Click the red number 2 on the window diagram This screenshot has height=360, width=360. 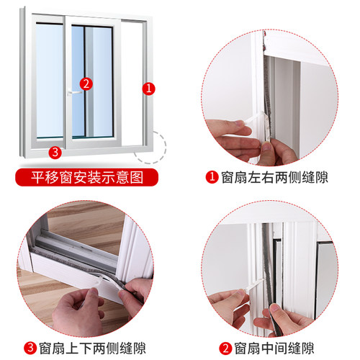point(86,84)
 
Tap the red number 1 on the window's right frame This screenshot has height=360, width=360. point(149,89)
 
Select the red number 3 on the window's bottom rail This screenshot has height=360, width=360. point(54,151)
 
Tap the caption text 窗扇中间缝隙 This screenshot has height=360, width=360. point(273,347)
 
